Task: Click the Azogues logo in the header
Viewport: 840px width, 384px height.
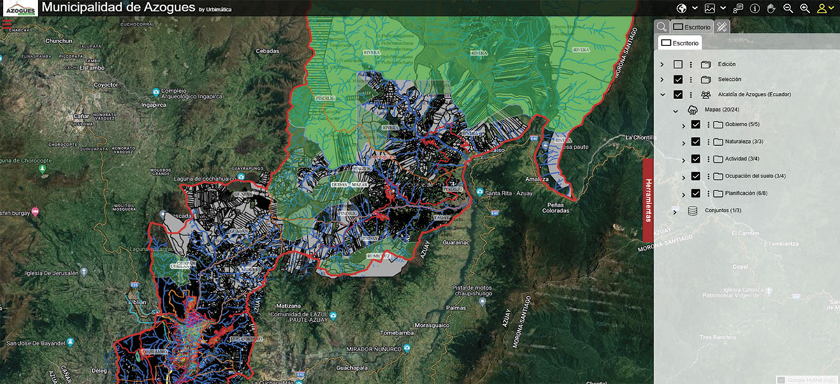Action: point(18,8)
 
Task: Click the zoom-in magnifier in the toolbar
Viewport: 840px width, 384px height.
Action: point(805,8)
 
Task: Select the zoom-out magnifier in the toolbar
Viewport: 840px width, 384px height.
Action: point(788,8)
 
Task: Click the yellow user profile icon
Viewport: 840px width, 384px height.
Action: point(822,8)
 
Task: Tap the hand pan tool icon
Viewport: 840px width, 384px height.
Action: point(772,8)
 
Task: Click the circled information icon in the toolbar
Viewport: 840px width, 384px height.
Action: point(755,8)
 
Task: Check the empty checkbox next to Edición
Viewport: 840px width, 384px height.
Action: point(678,64)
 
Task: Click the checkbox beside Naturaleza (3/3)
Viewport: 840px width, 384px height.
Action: point(695,141)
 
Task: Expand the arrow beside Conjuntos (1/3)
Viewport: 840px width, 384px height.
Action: point(675,211)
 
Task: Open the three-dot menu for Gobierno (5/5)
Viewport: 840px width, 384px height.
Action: point(708,125)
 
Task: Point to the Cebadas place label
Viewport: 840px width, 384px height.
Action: point(268,51)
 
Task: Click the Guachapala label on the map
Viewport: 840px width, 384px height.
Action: point(365,364)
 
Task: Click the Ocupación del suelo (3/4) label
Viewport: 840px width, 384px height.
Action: point(755,176)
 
